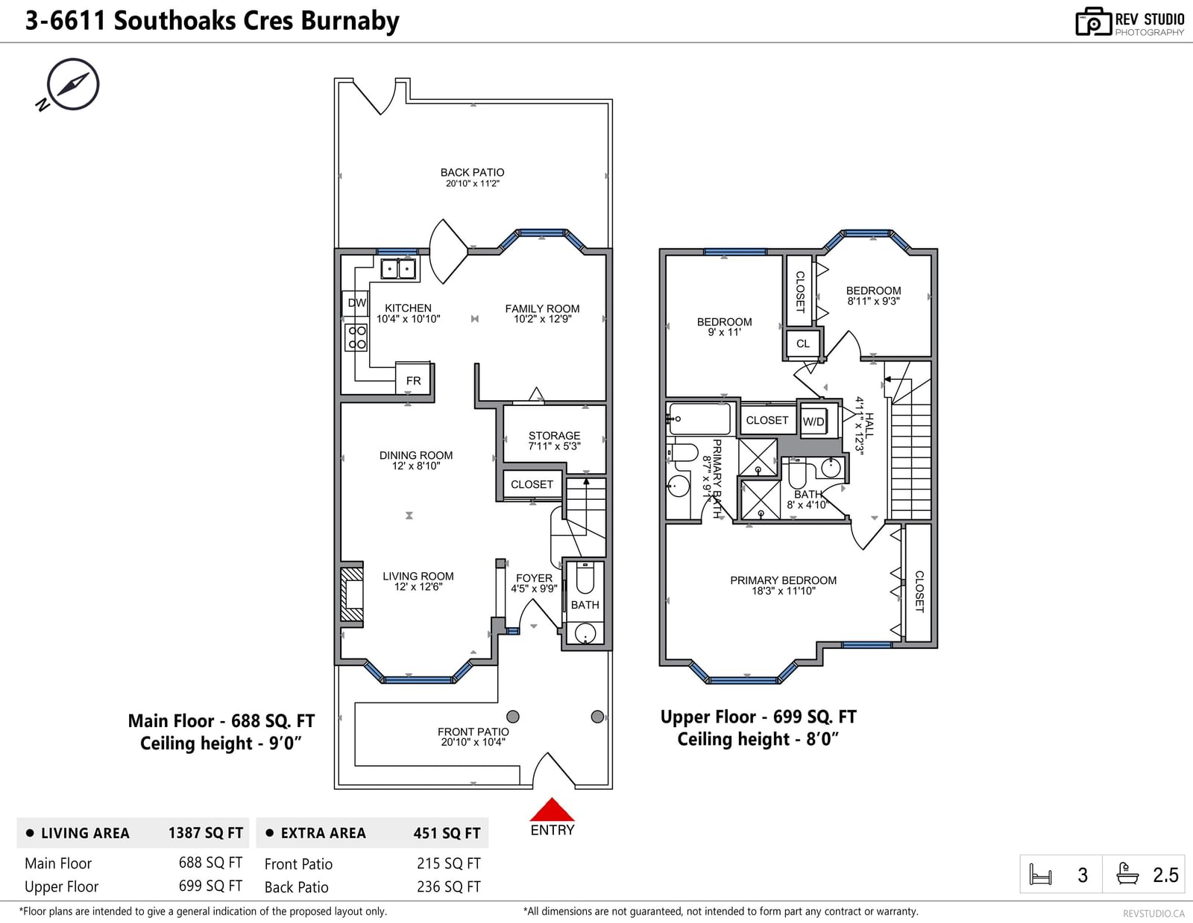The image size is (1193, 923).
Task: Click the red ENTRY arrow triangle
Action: coord(552,810)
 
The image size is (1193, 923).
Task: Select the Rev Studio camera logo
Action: coord(1093,22)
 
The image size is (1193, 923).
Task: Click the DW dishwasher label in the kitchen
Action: coord(357,302)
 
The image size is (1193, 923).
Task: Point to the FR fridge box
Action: coord(413,378)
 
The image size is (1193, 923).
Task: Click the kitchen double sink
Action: coord(398,269)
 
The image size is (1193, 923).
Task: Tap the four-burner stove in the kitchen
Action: coord(356,337)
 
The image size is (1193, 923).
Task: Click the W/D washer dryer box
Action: coord(813,421)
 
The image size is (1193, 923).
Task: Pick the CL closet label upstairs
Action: coord(802,344)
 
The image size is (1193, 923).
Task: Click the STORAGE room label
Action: coord(554,436)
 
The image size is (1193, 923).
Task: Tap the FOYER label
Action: coord(534,578)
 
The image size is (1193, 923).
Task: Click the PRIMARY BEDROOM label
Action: coord(784,580)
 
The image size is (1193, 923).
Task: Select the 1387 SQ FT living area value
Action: coord(205,833)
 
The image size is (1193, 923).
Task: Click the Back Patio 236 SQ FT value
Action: coord(449,886)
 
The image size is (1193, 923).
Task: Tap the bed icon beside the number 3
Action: coord(1040,875)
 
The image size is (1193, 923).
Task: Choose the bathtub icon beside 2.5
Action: coord(1127,874)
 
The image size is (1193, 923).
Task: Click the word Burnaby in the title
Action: coord(350,22)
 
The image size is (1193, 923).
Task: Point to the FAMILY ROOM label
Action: coord(542,308)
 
